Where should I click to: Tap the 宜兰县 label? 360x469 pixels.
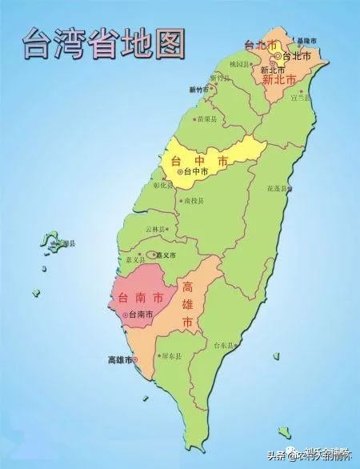299,98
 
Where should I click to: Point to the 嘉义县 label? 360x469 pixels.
135,259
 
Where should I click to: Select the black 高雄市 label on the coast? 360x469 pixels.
122,359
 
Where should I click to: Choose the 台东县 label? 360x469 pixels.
225,345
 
